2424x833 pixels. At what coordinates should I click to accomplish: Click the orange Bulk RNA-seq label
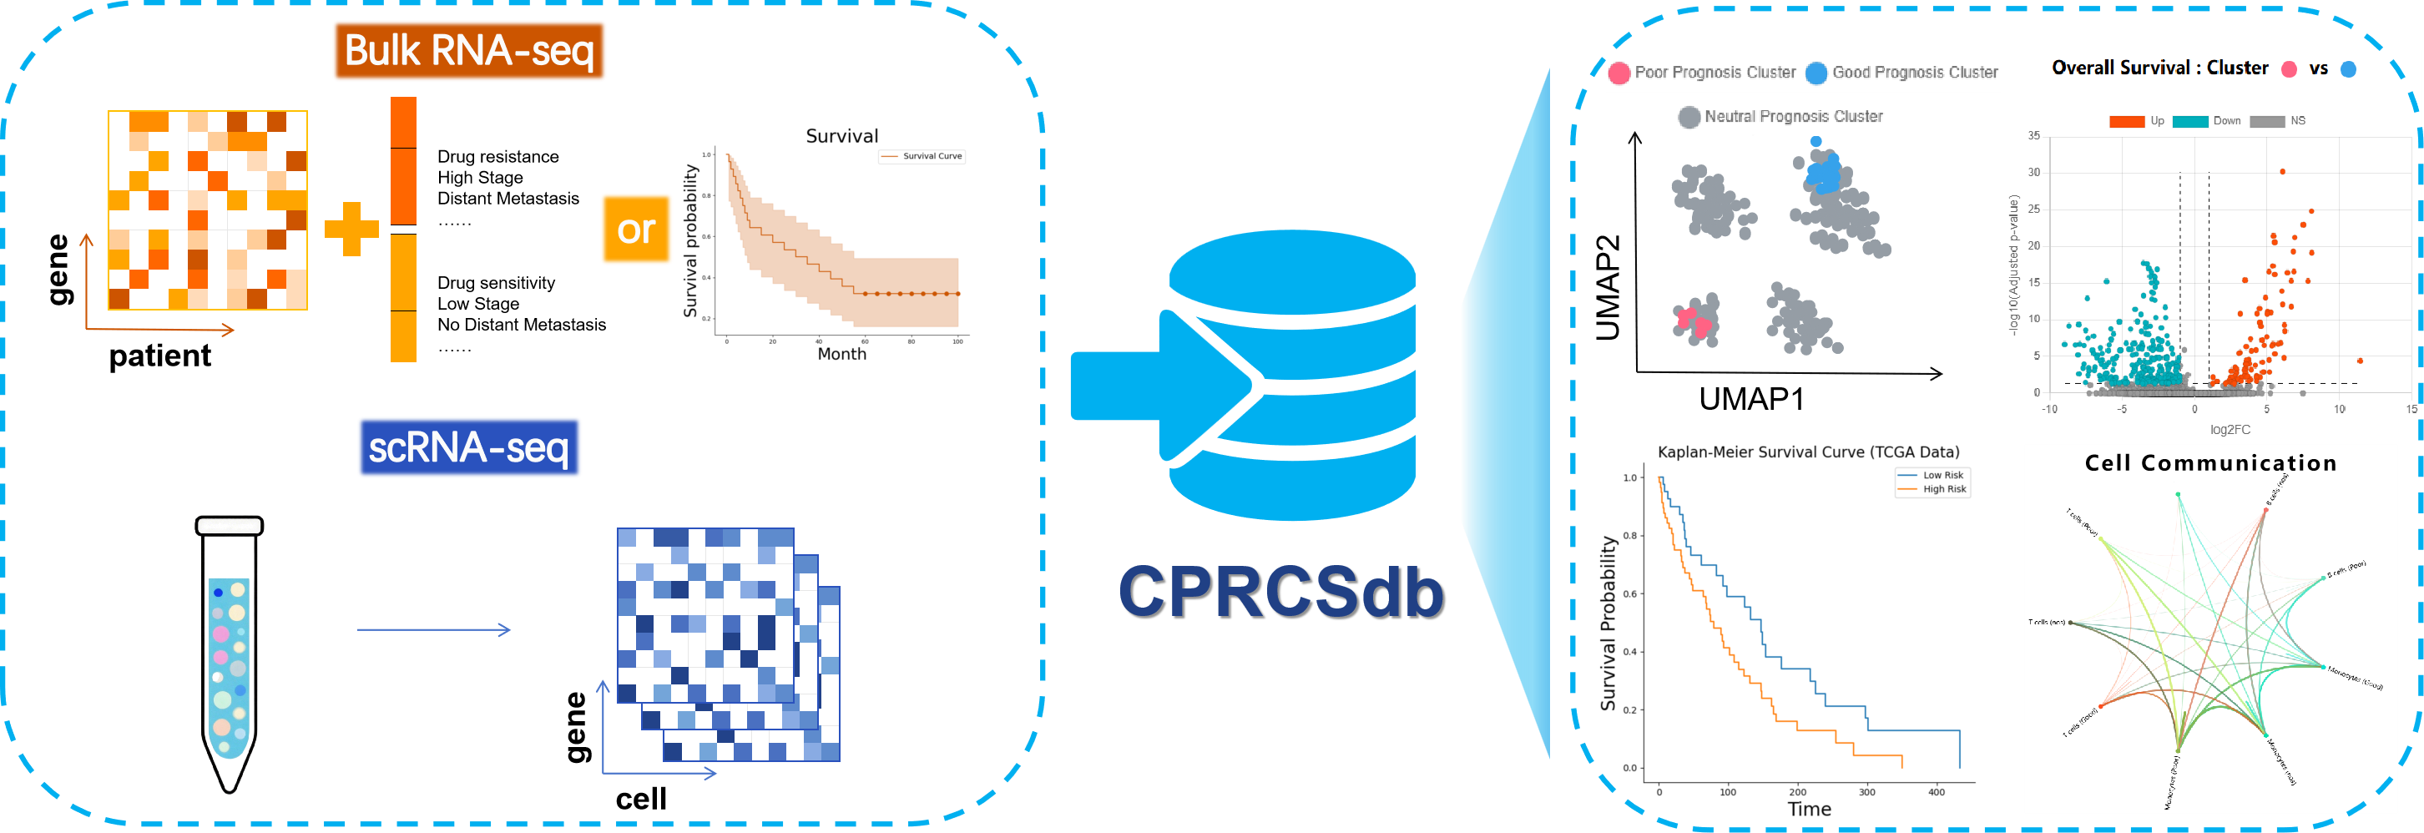[468, 51]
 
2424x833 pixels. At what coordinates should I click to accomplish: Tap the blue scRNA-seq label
[468, 448]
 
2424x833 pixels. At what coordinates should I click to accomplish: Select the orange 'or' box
[636, 230]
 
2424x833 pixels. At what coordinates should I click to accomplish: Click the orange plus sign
[351, 229]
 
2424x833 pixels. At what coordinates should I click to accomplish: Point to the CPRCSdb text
[1280, 591]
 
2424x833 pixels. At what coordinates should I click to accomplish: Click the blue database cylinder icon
[1291, 376]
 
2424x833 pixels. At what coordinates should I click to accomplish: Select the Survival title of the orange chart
[841, 135]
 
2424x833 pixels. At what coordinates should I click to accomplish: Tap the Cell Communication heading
[2210, 463]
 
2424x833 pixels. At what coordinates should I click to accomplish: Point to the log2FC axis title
[2230, 429]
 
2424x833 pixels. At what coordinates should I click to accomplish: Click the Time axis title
[1809, 809]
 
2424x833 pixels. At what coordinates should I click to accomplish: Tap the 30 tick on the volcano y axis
[2033, 172]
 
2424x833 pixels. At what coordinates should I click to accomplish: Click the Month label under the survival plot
[841, 354]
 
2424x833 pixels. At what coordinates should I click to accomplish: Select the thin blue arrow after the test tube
[433, 629]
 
